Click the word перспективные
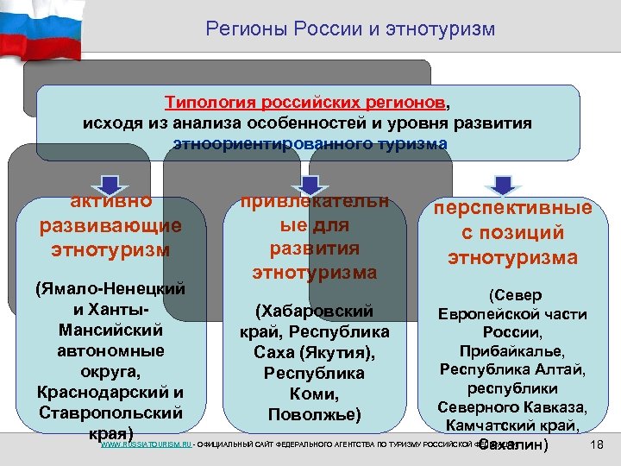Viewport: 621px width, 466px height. [513, 209]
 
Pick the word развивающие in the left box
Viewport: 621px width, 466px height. [111, 226]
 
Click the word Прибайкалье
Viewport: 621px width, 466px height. [513, 352]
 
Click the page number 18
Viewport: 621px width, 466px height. [594, 444]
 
